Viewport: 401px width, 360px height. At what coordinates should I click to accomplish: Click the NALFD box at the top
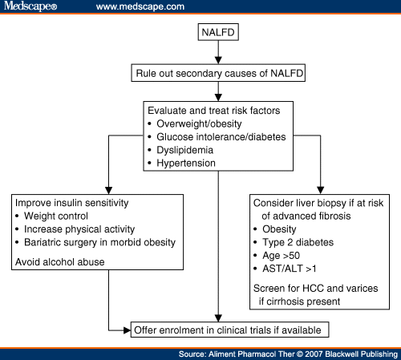click(218, 32)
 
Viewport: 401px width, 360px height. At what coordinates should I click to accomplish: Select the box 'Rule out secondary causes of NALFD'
click(218, 73)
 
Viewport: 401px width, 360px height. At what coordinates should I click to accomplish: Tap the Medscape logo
click(30, 6)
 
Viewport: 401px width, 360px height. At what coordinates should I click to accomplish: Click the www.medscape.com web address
click(140, 6)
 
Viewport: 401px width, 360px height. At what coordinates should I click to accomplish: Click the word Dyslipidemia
click(185, 150)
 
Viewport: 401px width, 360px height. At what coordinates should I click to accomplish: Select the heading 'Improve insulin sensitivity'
click(72, 203)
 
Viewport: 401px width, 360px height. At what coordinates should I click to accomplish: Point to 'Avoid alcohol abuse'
click(60, 262)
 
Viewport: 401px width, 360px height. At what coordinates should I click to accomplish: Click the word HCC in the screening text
click(313, 289)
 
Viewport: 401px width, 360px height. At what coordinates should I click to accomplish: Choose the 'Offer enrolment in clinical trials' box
click(229, 330)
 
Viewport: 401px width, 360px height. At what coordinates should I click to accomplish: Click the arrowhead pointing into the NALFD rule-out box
click(218, 60)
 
